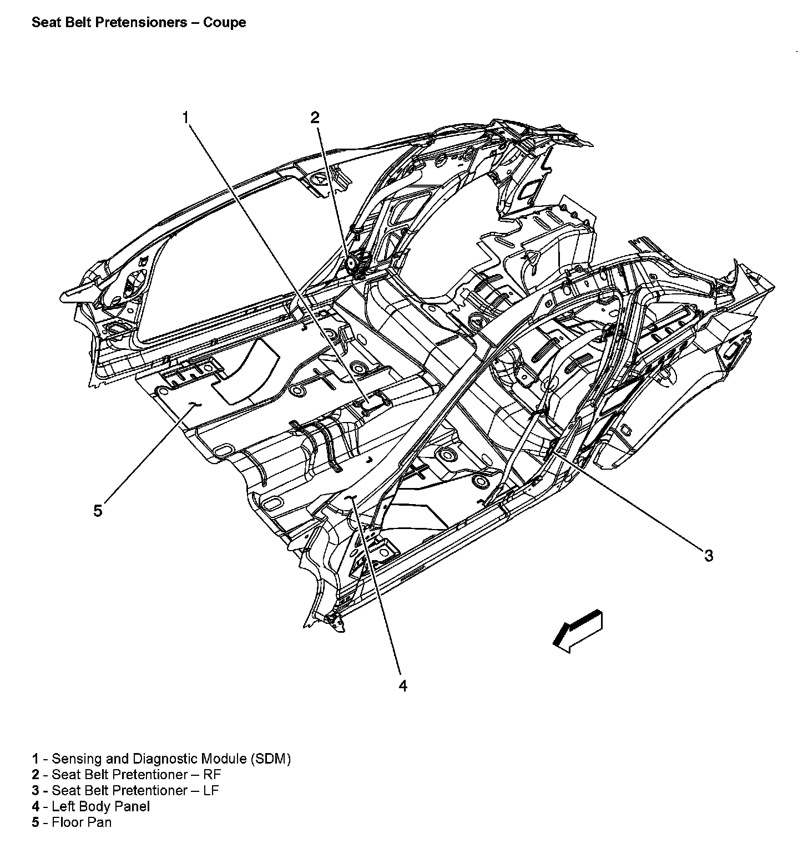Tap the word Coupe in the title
tap(225, 23)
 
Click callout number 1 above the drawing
tap(186, 117)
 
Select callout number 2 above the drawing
tap(315, 117)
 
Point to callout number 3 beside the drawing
tap(709, 556)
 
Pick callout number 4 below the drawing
tap(403, 686)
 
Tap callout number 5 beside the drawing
tap(98, 511)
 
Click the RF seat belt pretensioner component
tap(352, 264)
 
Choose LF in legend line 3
tap(211, 790)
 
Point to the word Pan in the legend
tap(101, 822)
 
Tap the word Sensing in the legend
tap(74, 759)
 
